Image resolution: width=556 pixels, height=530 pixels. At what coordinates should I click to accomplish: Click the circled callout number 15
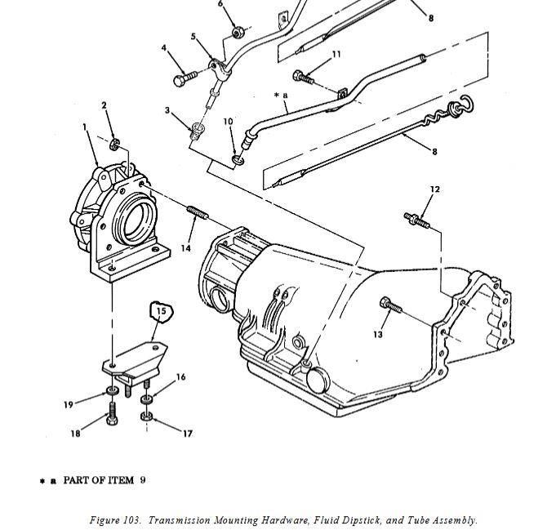click(x=162, y=311)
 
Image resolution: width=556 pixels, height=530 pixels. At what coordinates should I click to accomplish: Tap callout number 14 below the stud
click(x=186, y=248)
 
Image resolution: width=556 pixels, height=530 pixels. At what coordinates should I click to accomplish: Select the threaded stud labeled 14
click(x=198, y=212)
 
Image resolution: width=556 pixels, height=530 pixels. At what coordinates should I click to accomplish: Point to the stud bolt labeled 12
click(x=417, y=220)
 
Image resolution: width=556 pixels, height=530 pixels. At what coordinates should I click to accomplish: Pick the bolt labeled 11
click(x=304, y=77)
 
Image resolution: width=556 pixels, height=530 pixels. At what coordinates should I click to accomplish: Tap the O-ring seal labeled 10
click(x=238, y=160)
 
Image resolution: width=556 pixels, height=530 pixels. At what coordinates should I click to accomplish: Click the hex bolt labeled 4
click(x=185, y=78)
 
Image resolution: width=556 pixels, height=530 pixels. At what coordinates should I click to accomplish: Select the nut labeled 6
click(x=238, y=33)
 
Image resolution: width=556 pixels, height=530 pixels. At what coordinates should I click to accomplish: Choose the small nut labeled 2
click(x=114, y=144)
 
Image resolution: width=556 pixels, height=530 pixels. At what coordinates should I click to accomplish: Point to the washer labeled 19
click(x=112, y=392)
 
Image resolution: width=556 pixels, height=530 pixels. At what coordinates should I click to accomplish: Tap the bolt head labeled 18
click(x=112, y=420)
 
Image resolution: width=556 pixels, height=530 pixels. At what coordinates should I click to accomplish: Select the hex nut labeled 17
click(x=147, y=416)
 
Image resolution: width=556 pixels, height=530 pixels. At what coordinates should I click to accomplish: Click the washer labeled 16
click(x=146, y=399)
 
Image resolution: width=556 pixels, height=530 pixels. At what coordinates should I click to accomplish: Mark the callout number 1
click(x=85, y=127)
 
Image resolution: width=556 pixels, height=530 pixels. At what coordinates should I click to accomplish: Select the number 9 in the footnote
click(x=143, y=480)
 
